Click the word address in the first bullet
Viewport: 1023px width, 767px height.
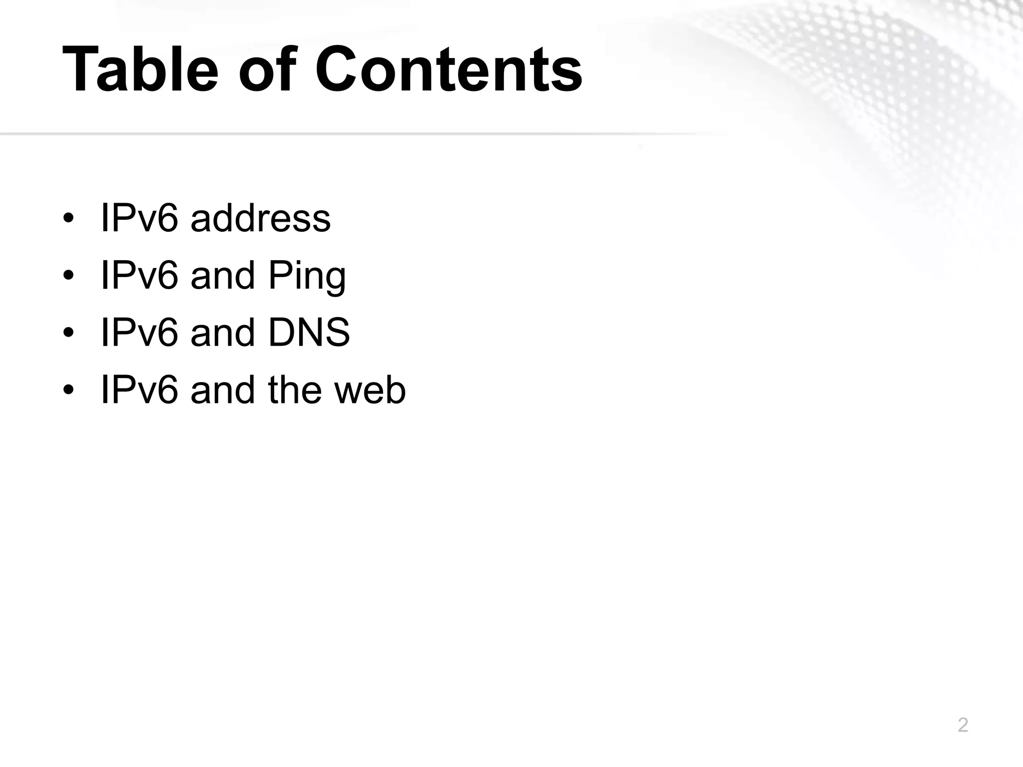260,218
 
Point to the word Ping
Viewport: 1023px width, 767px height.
307,276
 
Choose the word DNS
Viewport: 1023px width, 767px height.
309,333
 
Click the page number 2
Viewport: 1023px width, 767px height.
963,725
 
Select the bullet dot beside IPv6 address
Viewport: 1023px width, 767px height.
69,219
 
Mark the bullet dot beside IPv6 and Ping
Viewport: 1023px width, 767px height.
69,276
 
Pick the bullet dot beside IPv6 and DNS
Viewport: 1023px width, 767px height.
69,333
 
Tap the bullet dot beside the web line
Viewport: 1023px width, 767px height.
69,390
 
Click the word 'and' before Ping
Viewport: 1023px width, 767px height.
223,275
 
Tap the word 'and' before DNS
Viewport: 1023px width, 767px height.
223,333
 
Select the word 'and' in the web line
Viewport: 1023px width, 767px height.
223,390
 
